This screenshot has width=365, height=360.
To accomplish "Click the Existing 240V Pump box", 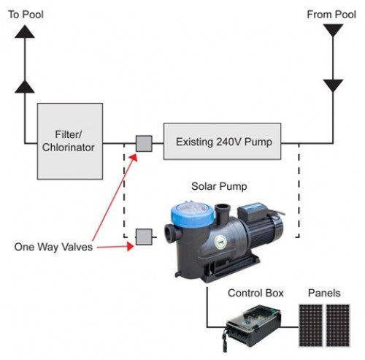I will pos(222,142).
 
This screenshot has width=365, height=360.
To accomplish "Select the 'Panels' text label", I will pos(323,294).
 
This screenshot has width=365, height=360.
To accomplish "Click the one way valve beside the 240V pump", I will pos(144,142).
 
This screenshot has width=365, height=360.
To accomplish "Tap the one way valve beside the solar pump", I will pos(144,236).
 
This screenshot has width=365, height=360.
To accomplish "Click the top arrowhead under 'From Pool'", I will pos(333,30).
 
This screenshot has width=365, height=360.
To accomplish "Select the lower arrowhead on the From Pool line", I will pos(333,85).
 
